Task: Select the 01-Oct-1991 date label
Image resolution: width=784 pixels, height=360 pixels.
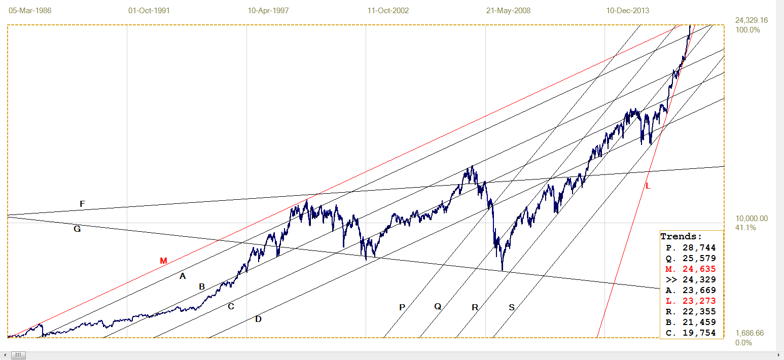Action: tap(150, 10)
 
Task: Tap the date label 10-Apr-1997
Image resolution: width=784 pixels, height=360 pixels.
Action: tap(268, 10)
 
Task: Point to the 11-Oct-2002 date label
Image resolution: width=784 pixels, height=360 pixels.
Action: tap(388, 10)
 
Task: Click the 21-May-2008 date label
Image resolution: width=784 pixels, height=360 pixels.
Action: tap(508, 10)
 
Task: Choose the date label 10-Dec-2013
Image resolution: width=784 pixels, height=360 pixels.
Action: tap(628, 10)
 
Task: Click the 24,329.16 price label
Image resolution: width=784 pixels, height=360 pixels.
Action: tap(752, 20)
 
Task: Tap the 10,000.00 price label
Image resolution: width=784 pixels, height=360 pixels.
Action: tap(752, 219)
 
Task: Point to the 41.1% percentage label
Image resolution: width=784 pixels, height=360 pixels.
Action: tap(745, 228)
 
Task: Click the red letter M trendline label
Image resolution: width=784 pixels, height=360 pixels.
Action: tap(163, 261)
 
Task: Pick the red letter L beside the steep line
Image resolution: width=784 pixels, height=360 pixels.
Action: tap(648, 186)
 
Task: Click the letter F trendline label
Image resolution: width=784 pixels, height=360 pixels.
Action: tap(82, 204)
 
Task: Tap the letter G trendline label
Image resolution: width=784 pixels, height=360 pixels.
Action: tap(77, 229)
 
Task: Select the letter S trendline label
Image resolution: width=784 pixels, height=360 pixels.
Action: tap(512, 307)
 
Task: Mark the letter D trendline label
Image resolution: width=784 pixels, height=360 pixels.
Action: tap(258, 319)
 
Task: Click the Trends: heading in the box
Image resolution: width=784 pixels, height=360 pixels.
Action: tap(681, 236)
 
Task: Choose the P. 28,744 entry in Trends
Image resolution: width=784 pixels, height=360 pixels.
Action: tap(691, 247)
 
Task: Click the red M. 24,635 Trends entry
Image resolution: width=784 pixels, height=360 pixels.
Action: tap(691, 269)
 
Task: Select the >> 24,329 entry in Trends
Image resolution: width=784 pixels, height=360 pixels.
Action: tap(691, 279)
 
